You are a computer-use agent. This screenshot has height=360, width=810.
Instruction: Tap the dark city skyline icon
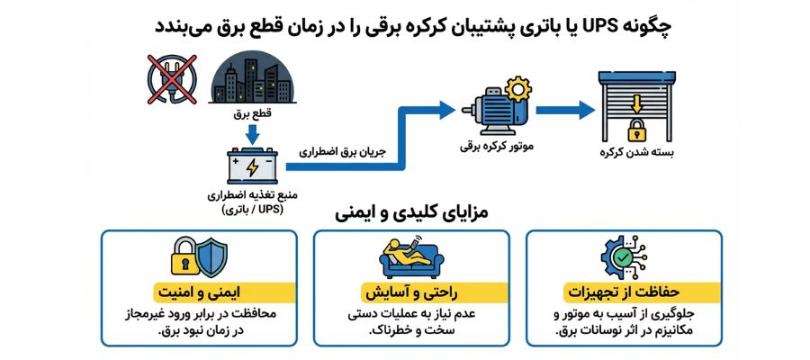[251, 76]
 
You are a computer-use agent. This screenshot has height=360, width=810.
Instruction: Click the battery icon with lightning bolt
[251, 166]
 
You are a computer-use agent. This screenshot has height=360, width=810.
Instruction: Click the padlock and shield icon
[199, 258]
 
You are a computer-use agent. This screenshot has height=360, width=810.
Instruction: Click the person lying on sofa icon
[410, 258]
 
